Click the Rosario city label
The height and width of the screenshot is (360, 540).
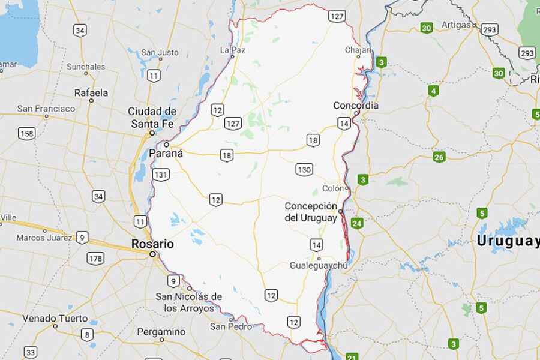coord(153,244)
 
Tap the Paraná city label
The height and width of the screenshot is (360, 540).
coord(166,153)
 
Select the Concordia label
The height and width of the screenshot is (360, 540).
coord(356,106)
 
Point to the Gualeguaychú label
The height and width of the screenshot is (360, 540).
coord(318,265)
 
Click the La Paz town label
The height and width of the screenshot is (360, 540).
coord(233,50)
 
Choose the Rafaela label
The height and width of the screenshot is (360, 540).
coord(91,93)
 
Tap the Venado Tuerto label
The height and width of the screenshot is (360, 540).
coord(55,318)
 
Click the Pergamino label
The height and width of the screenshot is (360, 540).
coord(161,332)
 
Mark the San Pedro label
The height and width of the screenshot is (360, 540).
coord(231,327)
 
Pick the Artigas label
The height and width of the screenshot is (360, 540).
coord(455,25)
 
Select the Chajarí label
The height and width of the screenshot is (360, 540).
coord(358,50)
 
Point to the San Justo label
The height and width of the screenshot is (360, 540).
coord(160,52)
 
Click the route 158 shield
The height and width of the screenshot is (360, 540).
coord(26,133)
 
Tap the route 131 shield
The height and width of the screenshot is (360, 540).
coord(161,175)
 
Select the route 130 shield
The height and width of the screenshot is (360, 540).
coord(304,170)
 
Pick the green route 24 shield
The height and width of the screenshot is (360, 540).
coord(358,224)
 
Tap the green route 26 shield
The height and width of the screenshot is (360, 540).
coord(440,157)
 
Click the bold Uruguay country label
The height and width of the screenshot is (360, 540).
coord(508,241)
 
